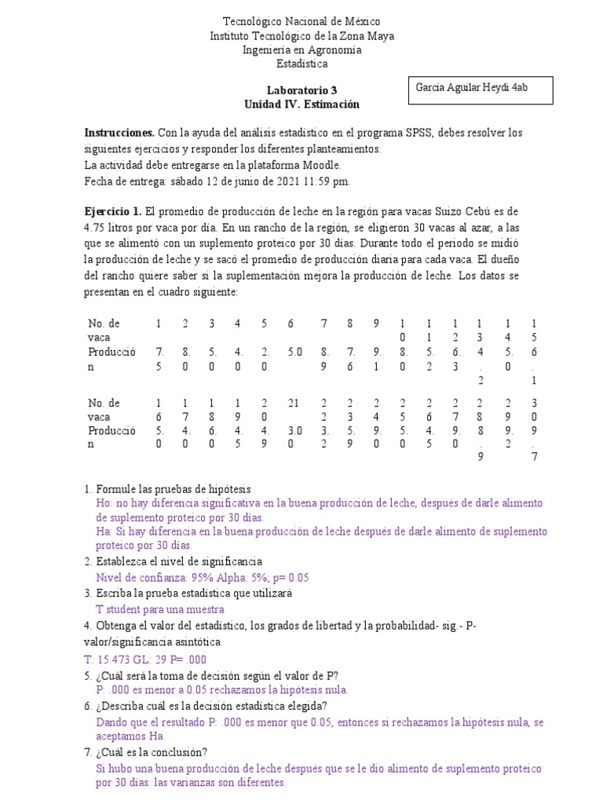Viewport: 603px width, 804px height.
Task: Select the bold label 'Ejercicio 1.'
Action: (x=113, y=213)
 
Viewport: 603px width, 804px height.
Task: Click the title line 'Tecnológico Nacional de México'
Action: (x=301, y=22)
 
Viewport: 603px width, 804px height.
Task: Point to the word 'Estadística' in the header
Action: (x=301, y=64)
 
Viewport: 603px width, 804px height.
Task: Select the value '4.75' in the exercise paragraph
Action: (x=95, y=228)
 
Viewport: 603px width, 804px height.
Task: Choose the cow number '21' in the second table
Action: (x=294, y=403)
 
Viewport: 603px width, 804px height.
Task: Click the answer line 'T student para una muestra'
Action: (x=159, y=609)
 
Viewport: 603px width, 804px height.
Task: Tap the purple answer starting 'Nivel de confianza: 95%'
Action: (x=202, y=577)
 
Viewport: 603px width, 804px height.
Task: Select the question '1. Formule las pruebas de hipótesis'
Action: (x=167, y=489)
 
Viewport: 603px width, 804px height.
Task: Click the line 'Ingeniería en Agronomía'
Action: (x=301, y=49)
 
